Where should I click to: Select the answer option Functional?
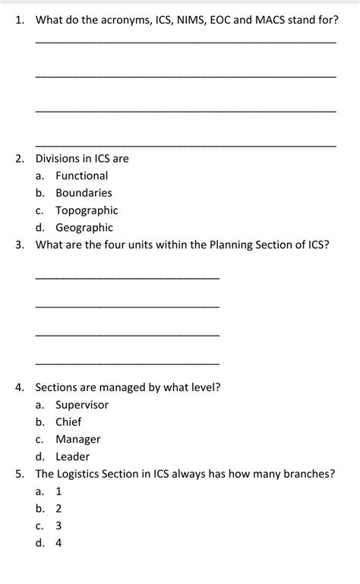click(81, 175)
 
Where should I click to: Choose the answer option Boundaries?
click(84, 193)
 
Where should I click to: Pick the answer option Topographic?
click(87, 210)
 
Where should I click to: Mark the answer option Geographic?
click(84, 228)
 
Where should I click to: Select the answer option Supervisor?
click(81, 405)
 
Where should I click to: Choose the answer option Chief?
click(68, 421)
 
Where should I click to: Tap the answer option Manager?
click(77, 439)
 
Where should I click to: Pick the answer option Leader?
click(72, 456)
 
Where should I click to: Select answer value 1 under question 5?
click(58, 491)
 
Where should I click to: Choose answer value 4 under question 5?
click(58, 543)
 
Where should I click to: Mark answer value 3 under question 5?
click(58, 526)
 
